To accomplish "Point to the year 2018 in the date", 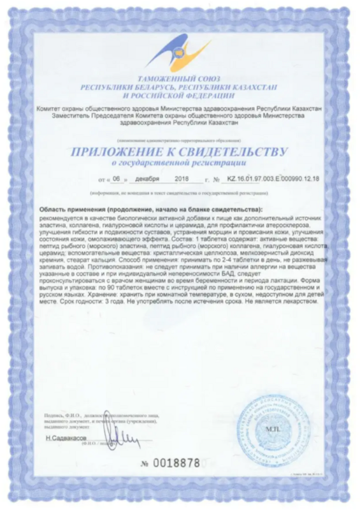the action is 182,180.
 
